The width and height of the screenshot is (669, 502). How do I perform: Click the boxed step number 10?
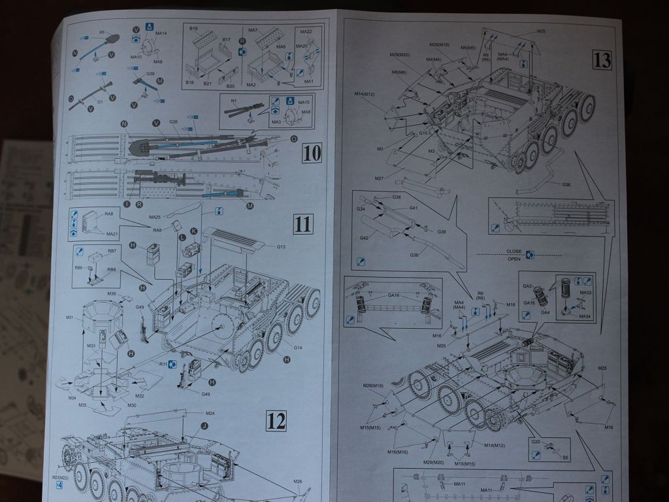click(x=313, y=154)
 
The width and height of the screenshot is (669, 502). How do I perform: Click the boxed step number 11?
click(x=303, y=224)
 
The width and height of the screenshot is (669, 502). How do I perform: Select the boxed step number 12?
click(x=276, y=421)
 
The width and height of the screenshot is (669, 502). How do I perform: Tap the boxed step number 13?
click(x=602, y=60)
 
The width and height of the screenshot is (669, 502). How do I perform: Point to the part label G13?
click(x=281, y=246)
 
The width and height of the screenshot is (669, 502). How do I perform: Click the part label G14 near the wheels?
click(x=299, y=348)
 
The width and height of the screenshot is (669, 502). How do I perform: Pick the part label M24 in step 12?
click(x=210, y=413)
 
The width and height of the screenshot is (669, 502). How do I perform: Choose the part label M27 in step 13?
click(x=379, y=178)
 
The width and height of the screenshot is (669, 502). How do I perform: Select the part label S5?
click(x=566, y=458)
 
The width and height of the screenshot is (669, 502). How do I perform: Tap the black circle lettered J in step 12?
click(x=204, y=426)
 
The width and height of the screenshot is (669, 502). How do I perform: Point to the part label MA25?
click(x=155, y=217)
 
